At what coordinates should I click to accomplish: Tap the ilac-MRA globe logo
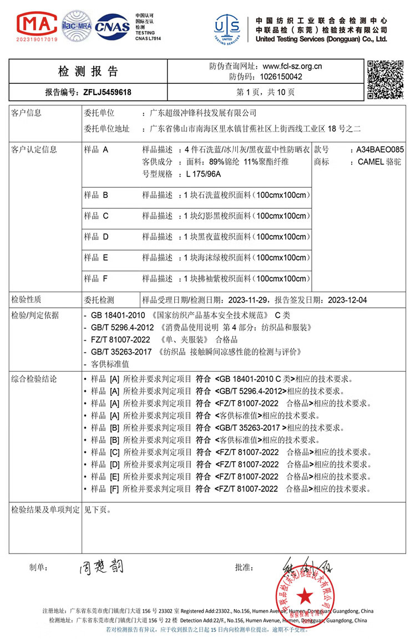click(76, 27)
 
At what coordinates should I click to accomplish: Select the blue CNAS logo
click(113, 26)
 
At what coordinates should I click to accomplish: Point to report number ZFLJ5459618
click(108, 92)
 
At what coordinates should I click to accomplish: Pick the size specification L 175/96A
click(204, 174)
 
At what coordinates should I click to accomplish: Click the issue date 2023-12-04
click(347, 299)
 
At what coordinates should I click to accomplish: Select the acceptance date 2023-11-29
click(248, 299)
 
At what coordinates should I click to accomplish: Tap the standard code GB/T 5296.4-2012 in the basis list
click(123, 327)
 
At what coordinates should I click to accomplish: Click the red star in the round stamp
click(305, 596)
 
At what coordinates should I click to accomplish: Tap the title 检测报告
click(88, 71)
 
